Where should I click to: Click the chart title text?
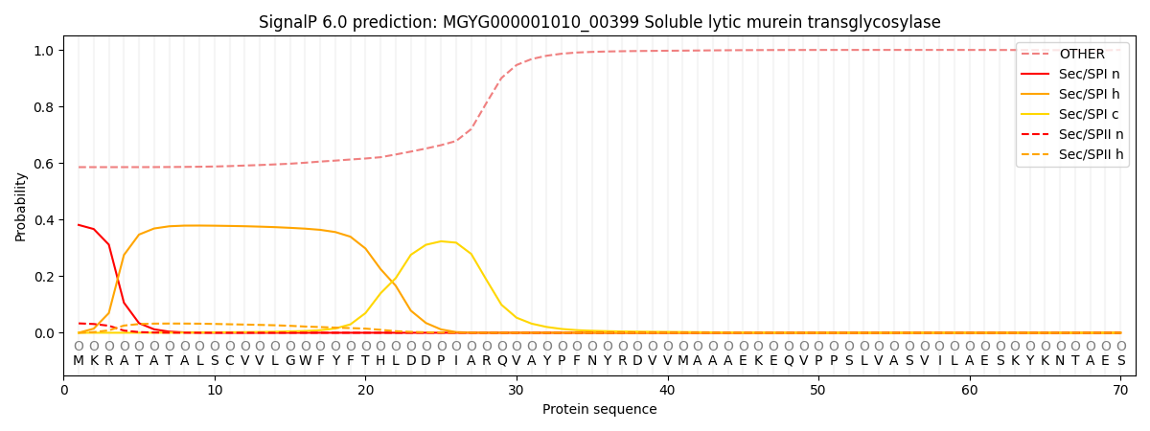pos(599,22)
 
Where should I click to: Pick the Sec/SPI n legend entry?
pos(1088,75)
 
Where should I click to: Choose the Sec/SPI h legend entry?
pos(1088,94)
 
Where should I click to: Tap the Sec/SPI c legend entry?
pos(1088,114)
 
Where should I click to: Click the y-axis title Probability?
pos(21,206)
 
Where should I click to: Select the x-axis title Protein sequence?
pos(599,410)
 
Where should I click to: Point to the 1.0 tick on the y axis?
pos(44,50)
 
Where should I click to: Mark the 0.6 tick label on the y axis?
pos(44,163)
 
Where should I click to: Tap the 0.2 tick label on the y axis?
pos(44,277)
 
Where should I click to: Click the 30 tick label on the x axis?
pos(517,391)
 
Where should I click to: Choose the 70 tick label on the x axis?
pos(1120,391)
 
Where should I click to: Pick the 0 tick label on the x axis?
pos(64,391)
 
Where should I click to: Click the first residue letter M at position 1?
pos(79,361)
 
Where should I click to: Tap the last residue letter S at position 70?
pos(1120,361)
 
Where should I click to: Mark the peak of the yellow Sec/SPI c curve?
pos(441,241)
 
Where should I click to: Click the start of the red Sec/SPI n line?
pos(79,225)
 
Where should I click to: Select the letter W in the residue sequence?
pos(305,361)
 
